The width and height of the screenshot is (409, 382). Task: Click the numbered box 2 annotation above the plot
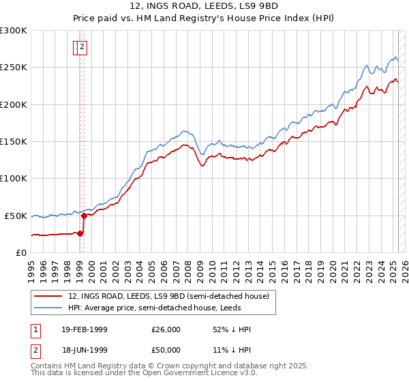click(x=82, y=47)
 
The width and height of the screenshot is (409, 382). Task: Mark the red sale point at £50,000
click(x=84, y=216)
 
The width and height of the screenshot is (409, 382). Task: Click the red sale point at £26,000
click(x=80, y=233)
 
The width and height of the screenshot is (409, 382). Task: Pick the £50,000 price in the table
click(x=166, y=350)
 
